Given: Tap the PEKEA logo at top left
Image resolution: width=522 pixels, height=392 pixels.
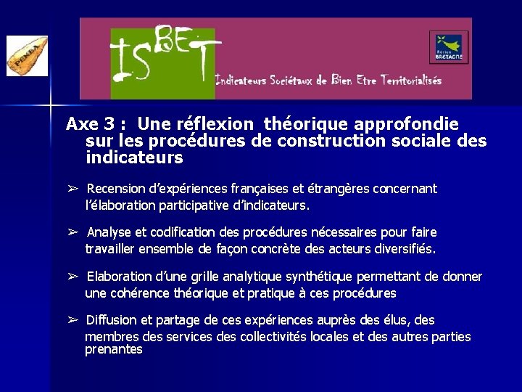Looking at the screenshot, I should point(27,56).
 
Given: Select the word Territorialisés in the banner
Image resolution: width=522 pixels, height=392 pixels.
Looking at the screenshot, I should point(410,81).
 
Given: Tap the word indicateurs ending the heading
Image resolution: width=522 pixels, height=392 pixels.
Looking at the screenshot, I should point(134,157).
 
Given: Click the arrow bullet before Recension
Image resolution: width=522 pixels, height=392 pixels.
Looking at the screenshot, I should point(72,189).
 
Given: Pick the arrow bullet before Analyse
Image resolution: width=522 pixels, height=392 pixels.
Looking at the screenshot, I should point(72,232).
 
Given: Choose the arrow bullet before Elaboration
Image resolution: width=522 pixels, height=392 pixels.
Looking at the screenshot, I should point(72,277).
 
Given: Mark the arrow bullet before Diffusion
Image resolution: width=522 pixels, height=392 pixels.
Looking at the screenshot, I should point(72,320).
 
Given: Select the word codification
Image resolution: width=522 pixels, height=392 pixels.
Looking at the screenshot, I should point(183,232).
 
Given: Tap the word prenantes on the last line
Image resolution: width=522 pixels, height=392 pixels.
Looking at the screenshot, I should point(114,350).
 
